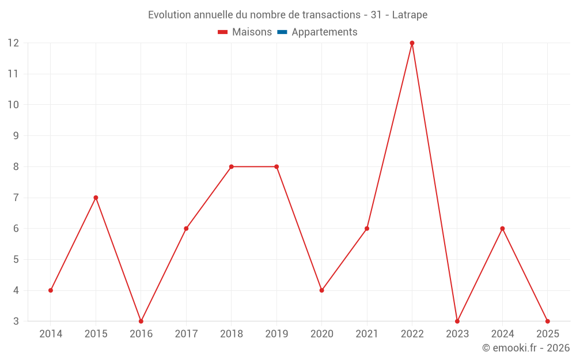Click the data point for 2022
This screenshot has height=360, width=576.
click(x=412, y=43)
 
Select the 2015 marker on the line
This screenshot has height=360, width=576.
click(x=96, y=198)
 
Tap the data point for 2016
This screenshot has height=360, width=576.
click(x=141, y=321)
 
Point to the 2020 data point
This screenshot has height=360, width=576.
click(x=321, y=290)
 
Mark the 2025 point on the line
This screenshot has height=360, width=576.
click(x=547, y=321)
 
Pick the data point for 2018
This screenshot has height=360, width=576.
click(x=231, y=166)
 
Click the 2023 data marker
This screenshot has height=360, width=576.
click(x=457, y=321)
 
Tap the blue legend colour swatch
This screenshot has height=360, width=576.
click(x=282, y=32)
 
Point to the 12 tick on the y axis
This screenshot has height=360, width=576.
click(x=13, y=43)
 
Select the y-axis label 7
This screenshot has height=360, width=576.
click(x=16, y=198)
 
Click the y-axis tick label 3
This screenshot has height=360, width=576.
click(x=16, y=321)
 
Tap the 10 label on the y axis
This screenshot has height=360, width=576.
click(x=13, y=105)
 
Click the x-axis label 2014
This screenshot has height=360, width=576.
click(x=51, y=334)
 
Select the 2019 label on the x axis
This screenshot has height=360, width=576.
click(x=276, y=334)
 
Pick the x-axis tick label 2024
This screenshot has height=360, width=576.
click(x=502, y=334)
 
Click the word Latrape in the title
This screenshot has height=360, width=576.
click(x=410, y=15)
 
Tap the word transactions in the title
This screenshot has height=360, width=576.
click(x=328, y=15)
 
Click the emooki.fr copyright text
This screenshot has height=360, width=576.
click(x=526, y=348)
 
